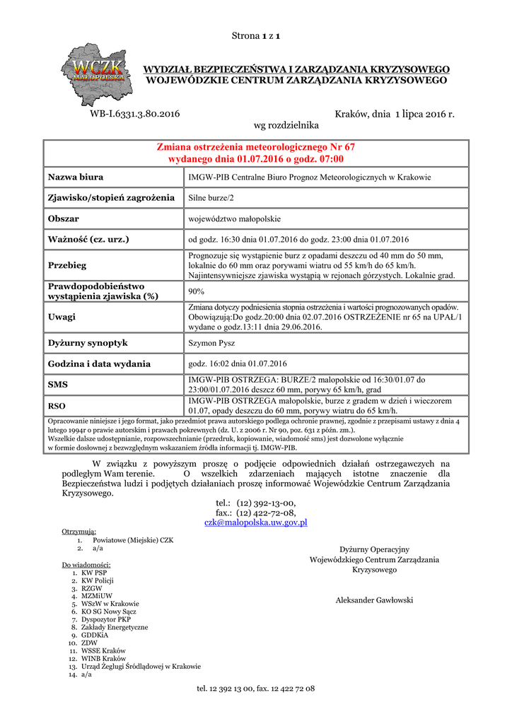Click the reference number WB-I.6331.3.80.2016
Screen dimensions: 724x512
point(134,114)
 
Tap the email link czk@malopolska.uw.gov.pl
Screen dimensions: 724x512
point(255,522)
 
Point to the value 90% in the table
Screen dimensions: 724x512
point(197,291)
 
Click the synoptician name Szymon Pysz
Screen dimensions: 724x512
point(211,343)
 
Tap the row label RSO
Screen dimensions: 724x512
point(57,406)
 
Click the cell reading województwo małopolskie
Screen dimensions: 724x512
point(235,218)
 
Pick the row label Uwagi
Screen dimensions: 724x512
point(62,317)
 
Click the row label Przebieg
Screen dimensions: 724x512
point(66,265)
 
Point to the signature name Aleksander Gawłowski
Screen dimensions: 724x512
point(374,600)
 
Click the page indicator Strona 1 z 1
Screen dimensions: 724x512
point(257,35)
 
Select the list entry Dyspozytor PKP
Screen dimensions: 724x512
point(106,619)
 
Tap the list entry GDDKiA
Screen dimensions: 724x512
point(95,635)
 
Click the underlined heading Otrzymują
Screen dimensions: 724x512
point(78,531)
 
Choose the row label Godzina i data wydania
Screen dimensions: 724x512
point(99,364)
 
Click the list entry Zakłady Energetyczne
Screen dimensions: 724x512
point(115,627)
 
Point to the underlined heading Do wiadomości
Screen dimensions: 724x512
point(86,565)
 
